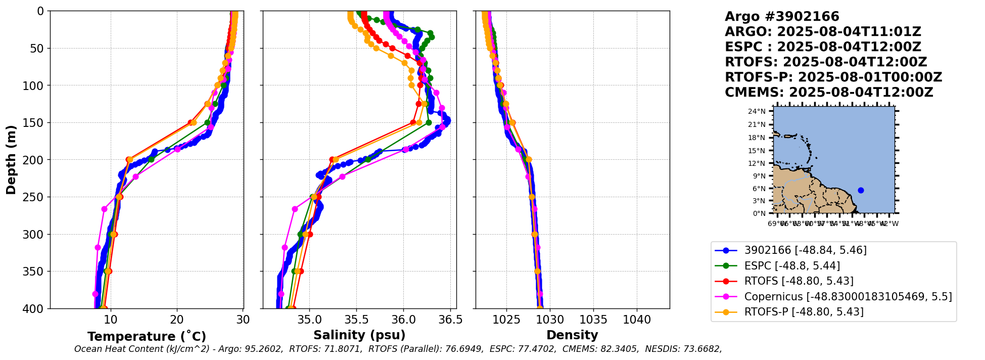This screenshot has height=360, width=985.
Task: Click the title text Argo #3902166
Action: tap(781, 17)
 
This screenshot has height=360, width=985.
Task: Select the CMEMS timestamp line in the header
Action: tap(828, 93)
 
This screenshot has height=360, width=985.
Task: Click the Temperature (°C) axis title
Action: tap(147, 336)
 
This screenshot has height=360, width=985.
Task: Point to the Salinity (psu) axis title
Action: tap(359, 335)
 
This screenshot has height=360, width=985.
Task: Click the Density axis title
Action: tap(572, 335)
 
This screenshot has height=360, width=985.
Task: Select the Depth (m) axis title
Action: tap(11, 160)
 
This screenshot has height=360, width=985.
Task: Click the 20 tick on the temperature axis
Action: tap(177, 320)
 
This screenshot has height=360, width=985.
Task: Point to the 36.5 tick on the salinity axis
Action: tap(450, 320)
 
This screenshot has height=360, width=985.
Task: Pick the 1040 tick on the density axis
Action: tap(637, 320)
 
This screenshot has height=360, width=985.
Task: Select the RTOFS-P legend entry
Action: tap(804, 311)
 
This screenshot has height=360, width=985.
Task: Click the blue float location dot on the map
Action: tap(861, 190)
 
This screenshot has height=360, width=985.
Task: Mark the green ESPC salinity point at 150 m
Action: tap(429, 122)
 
